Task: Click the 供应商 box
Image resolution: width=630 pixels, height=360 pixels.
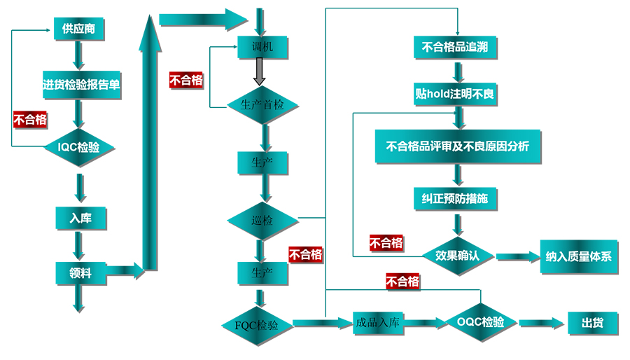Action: click(x=78, y=29)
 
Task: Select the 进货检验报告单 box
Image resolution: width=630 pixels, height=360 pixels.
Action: click(x=81, y=85)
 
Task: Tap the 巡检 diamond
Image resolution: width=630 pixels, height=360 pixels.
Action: click(x=262, y=221)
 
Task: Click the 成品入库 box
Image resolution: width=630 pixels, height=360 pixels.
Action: click(x=377, y=323)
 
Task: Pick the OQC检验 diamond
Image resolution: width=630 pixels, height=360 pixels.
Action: click(x=480, y=322)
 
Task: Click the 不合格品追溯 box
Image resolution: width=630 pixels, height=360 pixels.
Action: click(x=456, y=48)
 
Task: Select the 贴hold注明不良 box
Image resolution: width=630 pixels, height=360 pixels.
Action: click(x=456, y=94)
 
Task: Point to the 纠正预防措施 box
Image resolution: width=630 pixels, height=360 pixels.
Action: click(x=456, y=200)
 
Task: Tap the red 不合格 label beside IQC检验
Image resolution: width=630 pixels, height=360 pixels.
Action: click(x=30, y=119)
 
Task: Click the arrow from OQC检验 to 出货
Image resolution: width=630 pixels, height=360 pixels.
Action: click(x=541, y=323)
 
